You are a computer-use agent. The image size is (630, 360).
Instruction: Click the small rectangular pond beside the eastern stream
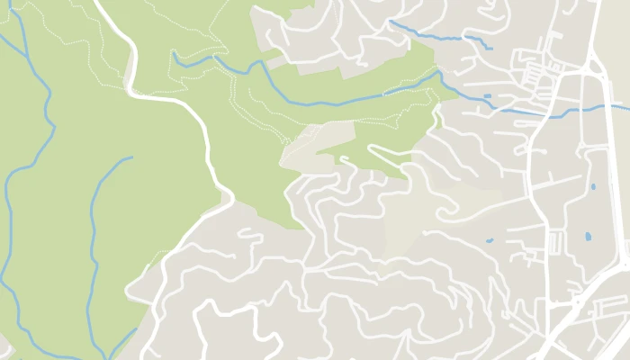pos(488,95)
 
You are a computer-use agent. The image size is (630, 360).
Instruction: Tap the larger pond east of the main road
pos(588,237)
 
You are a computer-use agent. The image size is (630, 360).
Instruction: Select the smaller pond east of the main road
pos(593,187)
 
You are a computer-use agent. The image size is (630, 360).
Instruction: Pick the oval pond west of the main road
pos(490,240)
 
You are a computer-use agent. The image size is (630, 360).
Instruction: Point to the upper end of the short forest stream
pos(131,157)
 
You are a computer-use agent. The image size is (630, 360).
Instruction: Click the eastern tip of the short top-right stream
pos(491,48)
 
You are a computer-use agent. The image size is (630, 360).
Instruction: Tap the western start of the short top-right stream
pos(391,21)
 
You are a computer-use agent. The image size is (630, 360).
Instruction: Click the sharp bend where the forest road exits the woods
pos(229,196)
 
